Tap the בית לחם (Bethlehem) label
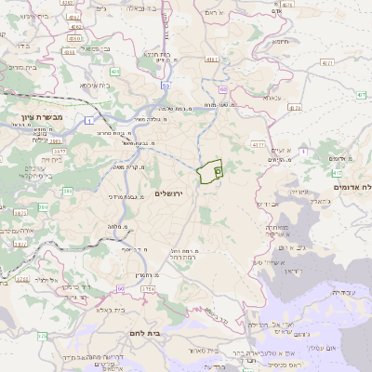[167, 330]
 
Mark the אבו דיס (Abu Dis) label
[267, 202]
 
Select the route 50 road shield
[166, 86]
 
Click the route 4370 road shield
[258, 145]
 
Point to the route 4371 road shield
[325, 62]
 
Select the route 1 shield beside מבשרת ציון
[89, 121]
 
